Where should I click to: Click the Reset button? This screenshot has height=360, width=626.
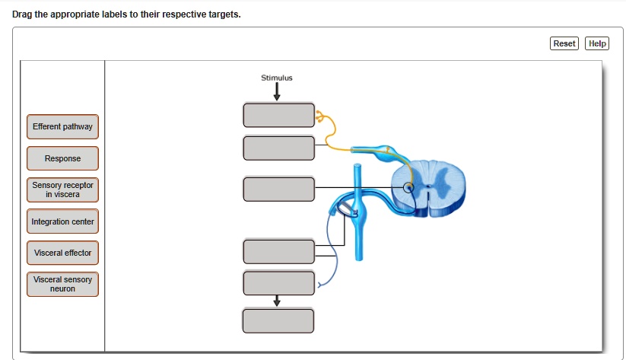[x=564, y=43]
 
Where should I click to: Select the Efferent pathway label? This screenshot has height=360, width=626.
[x=62, y=126]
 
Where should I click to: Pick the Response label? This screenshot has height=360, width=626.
[x=62, y=158]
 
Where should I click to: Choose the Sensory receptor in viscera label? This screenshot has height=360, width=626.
[x=62, y=190]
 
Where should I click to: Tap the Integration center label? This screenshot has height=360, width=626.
[x=62, y=221]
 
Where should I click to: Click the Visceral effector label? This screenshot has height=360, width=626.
[x=62, y=253]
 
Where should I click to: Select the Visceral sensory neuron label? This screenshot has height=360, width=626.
[x=62, y=284]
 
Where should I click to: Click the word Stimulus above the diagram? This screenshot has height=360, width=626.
[x=276, y=78]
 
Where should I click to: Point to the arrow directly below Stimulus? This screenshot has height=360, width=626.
[x=277, y=92]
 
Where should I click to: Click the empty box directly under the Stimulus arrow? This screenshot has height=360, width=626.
[x=278, y=115]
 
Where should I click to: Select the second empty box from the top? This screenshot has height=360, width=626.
[x=278, y=148]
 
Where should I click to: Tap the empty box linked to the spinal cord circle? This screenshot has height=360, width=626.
[x=278, y=189]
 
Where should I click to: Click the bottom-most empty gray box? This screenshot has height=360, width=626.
[x=278, y=320]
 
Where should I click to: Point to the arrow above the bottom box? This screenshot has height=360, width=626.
[x=277, y=301]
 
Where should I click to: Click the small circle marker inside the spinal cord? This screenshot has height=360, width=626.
[x=408, y=188]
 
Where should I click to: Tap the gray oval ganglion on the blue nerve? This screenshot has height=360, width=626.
[x=346, y=208]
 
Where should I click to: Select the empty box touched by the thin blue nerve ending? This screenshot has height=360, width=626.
[x=278, y=282]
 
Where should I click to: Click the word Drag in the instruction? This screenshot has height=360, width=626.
[x=33, y=14]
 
